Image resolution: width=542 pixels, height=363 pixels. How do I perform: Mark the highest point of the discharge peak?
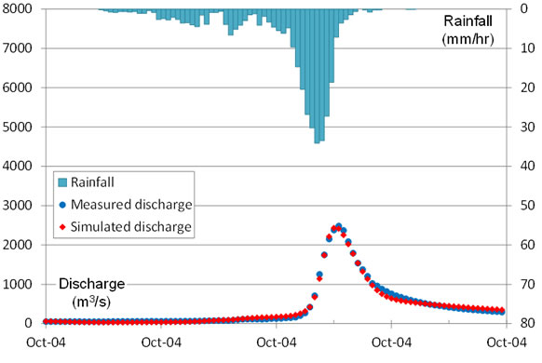(338, 226)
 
